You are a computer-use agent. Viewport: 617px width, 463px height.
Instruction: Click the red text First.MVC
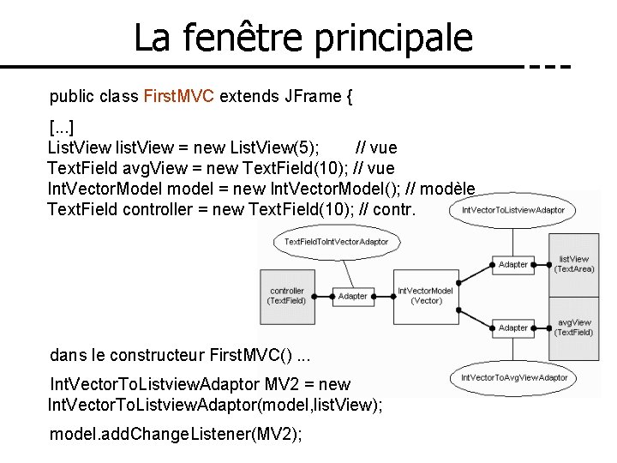(x=180, y=96)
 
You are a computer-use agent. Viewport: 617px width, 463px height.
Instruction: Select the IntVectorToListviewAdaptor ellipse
(x=512, y=209)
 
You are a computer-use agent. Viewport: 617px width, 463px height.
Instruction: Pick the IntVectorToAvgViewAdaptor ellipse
(x=514, y=377)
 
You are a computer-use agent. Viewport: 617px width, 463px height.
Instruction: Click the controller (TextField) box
(x=286, y=296)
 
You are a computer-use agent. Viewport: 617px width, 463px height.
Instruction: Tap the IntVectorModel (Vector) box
(x=425, y=296)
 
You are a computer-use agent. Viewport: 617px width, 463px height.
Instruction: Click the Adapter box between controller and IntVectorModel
(x=352, y=296)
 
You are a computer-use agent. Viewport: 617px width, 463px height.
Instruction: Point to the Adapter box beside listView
(x=513, y=264)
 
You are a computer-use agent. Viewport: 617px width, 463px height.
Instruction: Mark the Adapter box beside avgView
(x=513, y=327)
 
